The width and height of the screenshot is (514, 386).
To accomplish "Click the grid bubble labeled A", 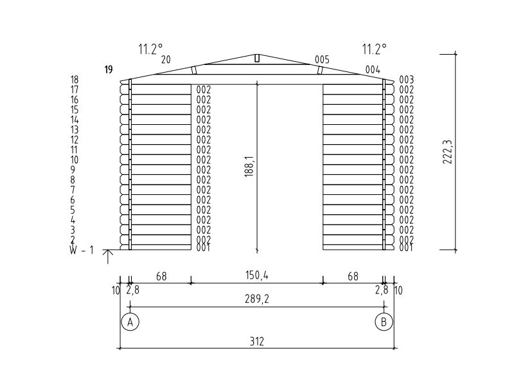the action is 130,322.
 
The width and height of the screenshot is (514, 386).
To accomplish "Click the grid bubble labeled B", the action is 384,322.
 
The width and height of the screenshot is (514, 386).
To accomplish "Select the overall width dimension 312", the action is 256,342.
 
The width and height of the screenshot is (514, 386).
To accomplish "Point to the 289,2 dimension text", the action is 256,299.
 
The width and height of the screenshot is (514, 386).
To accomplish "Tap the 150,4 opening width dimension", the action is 256,275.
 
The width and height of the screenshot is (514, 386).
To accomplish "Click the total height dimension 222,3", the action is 447,152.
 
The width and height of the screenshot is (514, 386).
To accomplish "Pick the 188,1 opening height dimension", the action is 249,167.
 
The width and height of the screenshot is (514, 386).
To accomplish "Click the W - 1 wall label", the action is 82,250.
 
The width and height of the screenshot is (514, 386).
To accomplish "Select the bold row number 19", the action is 109,69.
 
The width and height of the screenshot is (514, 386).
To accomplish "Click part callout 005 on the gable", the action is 322,60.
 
